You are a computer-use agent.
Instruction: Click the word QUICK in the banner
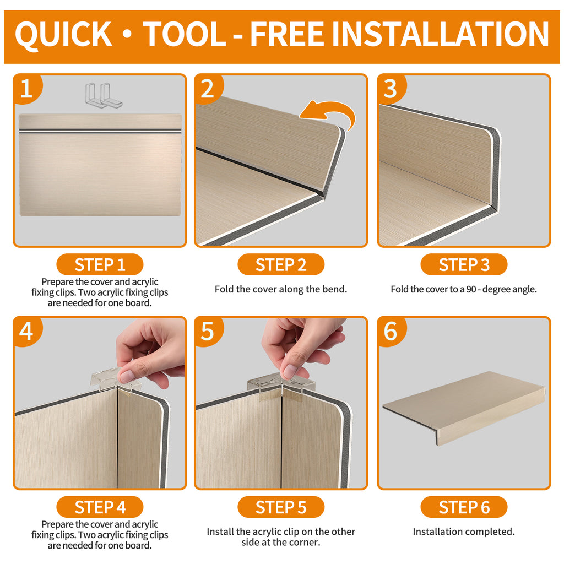63,35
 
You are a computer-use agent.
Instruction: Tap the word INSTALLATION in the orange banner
440,34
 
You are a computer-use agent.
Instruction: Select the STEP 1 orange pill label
100,264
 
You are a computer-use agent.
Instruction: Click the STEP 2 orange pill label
281,264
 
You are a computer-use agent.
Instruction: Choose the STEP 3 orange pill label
464,264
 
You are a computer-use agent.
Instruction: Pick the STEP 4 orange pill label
100,507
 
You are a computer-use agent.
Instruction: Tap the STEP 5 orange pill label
281,507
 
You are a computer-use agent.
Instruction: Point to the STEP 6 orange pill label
464,507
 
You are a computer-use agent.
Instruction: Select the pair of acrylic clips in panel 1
104,95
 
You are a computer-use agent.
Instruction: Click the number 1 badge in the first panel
28,89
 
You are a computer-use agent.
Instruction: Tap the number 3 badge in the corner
392,89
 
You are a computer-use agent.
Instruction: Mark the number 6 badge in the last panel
392,331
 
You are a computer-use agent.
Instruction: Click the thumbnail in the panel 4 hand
127,377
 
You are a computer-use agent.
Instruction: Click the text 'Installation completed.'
464,532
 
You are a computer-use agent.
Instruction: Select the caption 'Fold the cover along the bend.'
281,289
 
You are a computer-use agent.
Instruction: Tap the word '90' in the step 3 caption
471,289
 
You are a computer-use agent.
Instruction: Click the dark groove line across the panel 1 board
100,131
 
